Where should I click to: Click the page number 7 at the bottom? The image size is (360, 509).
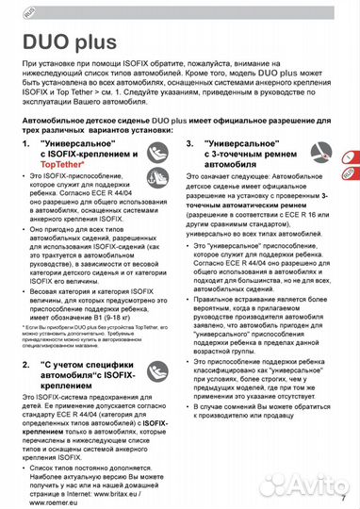(343, 497)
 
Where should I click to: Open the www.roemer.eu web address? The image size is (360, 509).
(51, 501)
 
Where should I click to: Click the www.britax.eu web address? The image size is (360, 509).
(137, 490)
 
